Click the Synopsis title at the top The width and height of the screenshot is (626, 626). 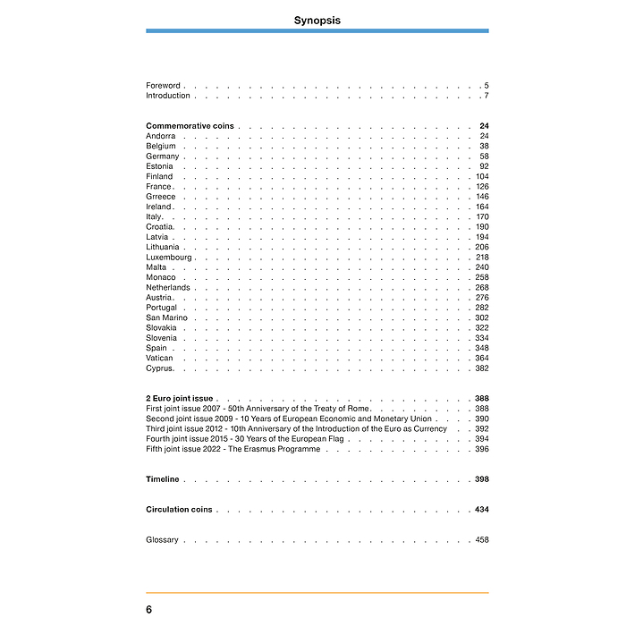click(x=317, y=20)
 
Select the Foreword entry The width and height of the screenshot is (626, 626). click(x=163, y=86)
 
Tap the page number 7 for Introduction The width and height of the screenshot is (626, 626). click(x=486, y=96)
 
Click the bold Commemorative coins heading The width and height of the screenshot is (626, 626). click(x=190, y=126)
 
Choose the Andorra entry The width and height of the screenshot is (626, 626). click(x=160, y=136)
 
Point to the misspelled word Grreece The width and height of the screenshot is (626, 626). click(x=161, y=197)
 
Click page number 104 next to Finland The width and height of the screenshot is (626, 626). click(x=482, y=177)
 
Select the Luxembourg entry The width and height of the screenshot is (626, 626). click(x=169, y=258)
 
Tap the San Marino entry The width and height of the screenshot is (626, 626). click(x=167, y=317)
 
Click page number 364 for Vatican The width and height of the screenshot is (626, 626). click(x=482, y=359)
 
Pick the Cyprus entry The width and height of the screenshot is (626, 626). click(x=159, y=368)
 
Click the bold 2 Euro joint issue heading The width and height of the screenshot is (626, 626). click(x=180, y=399)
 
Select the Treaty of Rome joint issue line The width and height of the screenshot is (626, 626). click(x=258, y=409)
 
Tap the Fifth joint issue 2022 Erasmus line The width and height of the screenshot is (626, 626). click(x=233, y=449)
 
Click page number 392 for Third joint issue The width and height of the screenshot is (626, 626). click(x=482, y=429)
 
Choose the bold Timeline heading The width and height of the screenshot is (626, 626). click(x=163, y=479)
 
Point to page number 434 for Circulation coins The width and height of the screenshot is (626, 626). click(x=482, y=510)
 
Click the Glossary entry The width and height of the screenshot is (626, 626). click(x=162, y=540)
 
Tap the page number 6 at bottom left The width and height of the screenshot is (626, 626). click(x=149, y=609)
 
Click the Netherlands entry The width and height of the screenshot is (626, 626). click(x=168, y=288)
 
